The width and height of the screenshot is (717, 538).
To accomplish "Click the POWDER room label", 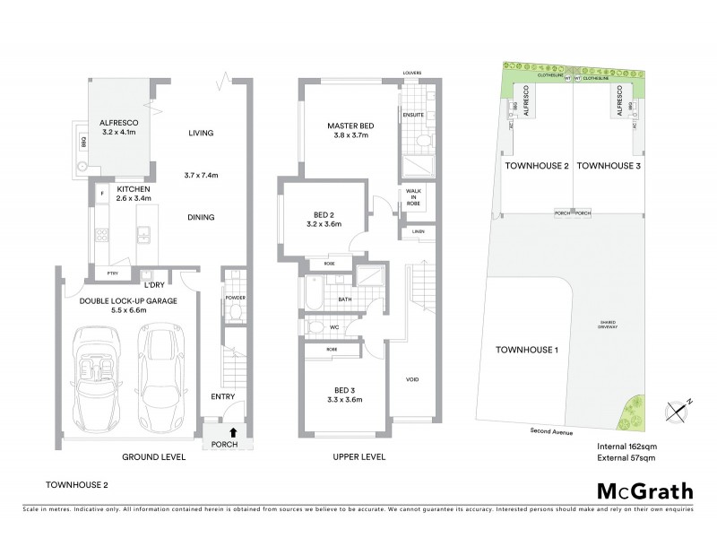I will point(235,298).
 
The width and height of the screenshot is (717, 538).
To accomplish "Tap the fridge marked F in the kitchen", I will point(104,194).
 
